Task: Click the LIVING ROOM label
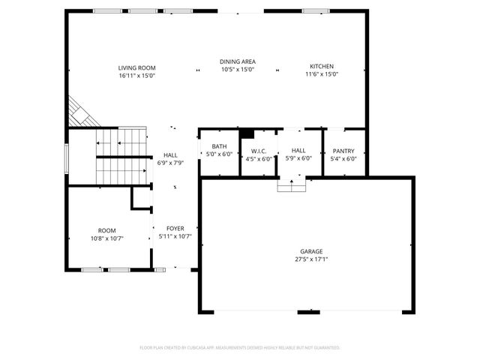(136, 67)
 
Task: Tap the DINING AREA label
(238, 61)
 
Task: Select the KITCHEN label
(322, 67)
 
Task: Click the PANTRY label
(343, 151)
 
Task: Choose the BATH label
(219, 146)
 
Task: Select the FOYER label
(175, 228)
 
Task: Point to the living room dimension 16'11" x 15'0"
(136, 74)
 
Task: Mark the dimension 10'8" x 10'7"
(106, 238)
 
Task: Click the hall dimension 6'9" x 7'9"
(169, 163)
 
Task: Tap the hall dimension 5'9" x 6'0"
(298, 158)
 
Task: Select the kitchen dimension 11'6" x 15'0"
(322, 74)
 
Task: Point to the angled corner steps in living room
(79, 113)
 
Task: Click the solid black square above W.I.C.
(246, 133)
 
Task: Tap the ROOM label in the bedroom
(106, 230)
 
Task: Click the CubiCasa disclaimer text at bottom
(240, 348)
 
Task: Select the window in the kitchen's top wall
(316, 10)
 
